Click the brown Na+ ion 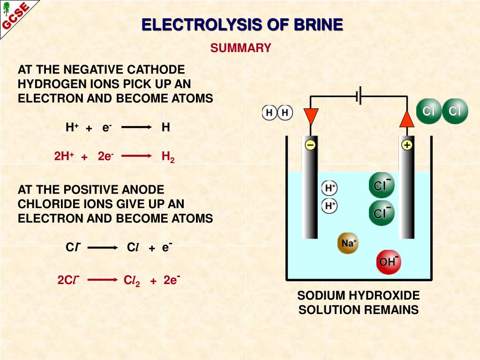coord(348,243)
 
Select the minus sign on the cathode coord(310,145)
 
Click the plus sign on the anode coord(406,145)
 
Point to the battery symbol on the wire coord(359,97)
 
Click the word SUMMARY coord(241,48)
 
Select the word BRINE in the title coord(318,25)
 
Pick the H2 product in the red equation coord(168,157)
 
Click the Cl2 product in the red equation coord(132,281)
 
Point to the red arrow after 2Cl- coord(102,280)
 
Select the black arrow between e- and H coord(137,127)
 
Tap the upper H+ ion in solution coord(330,188)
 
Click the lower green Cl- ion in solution coord(382,213)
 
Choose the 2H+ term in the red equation coord(64,157)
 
